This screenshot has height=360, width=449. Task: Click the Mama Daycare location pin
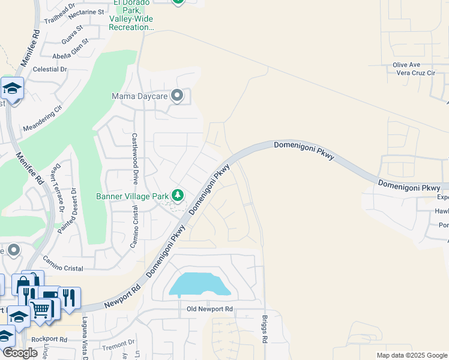coord(177,95)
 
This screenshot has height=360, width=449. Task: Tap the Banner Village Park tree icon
coord(177,195)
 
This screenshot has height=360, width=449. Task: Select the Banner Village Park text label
coord(132,196)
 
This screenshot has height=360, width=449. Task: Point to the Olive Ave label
coord(406,65)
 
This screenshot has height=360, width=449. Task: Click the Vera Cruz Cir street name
coord(415,73)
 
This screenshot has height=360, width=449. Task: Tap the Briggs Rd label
coord(264,329)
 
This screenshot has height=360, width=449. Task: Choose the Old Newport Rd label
coord(209,308)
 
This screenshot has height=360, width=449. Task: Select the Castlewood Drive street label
coord(135,158)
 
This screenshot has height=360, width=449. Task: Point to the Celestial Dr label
coord(50,70)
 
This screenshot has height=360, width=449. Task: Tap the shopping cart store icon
coord(40,309)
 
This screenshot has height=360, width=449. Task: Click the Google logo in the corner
coord(20,353)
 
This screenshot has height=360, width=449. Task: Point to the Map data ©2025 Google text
coord(411,355)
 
